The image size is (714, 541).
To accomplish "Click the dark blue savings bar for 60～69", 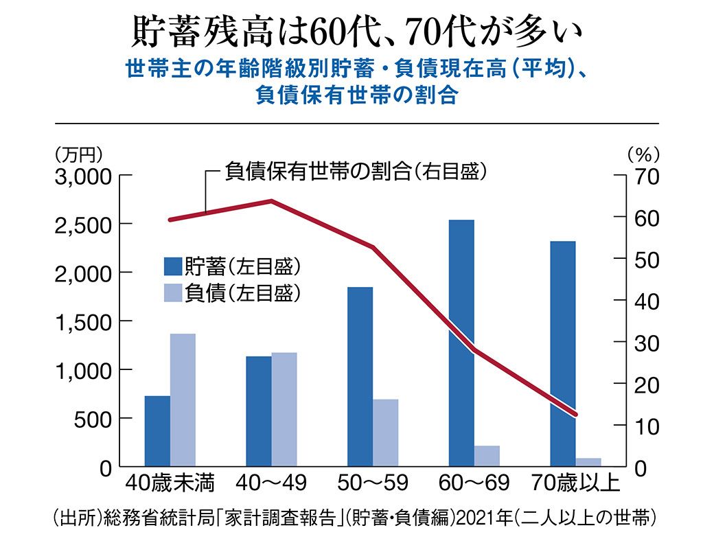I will coord(461,343).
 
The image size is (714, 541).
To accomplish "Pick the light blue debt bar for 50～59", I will coord(386,433).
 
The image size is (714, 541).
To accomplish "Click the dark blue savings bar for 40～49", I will coord(259,411).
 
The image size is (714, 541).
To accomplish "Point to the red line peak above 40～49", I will coord(270,201).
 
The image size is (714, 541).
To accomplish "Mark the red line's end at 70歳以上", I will coord(575,414).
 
